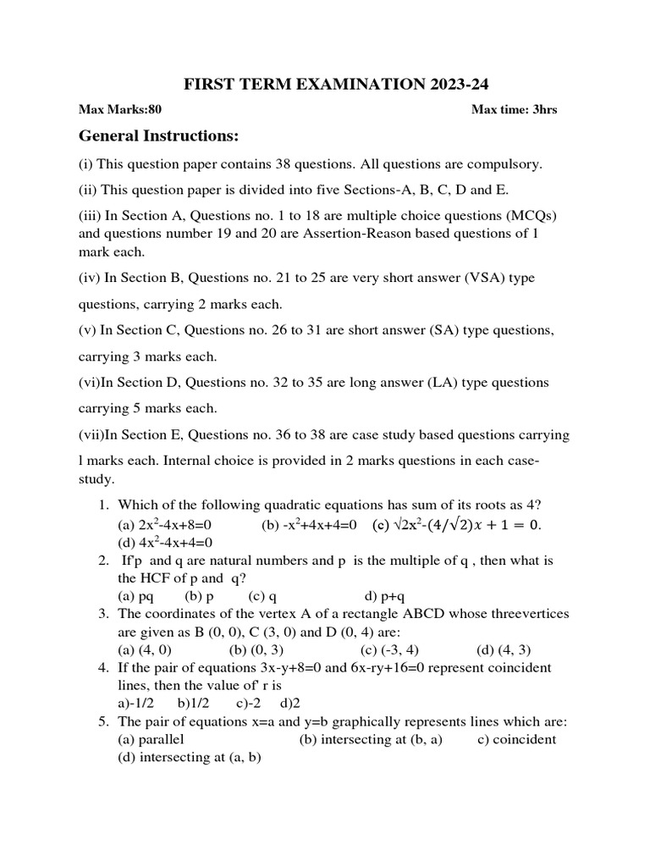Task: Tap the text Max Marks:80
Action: pyautogui.click(x=119, y=109)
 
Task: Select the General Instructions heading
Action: pyautogui.click(x=159, y=136)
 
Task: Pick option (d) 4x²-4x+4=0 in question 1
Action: pyautogui.click(x=164, y=542)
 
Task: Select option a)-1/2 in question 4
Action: pyautogui.click(x=138, y=703)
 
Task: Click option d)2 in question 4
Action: pyautogui.click(x=290, y=703)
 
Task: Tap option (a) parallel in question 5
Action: pyautogui.click(x=151, y=739)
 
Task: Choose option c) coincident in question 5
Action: pyautogui.click(x=515, y=739)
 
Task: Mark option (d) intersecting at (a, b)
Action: pyautogui.click(x=189, y=758)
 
